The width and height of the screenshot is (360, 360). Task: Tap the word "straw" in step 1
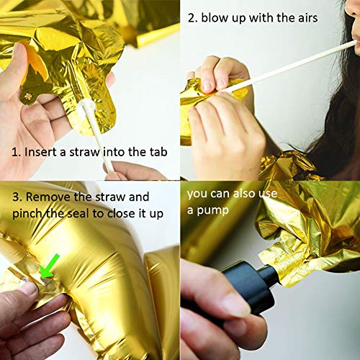coord(84,152)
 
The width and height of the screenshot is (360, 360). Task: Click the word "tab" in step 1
coord(158,152)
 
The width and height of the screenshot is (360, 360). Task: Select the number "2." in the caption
coord(193,18)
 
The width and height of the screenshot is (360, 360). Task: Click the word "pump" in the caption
coord(208,211)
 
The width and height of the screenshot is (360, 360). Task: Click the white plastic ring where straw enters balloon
coord(84,107)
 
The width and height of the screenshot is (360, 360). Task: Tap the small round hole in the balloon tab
coord(28,96)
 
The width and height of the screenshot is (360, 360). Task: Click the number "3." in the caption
coord(17,197)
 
